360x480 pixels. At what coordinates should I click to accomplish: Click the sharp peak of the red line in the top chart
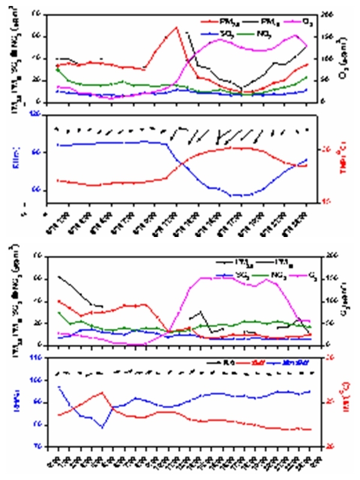[x=176, y=27]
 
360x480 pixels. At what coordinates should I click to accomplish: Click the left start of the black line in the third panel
[x=58, y=277]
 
